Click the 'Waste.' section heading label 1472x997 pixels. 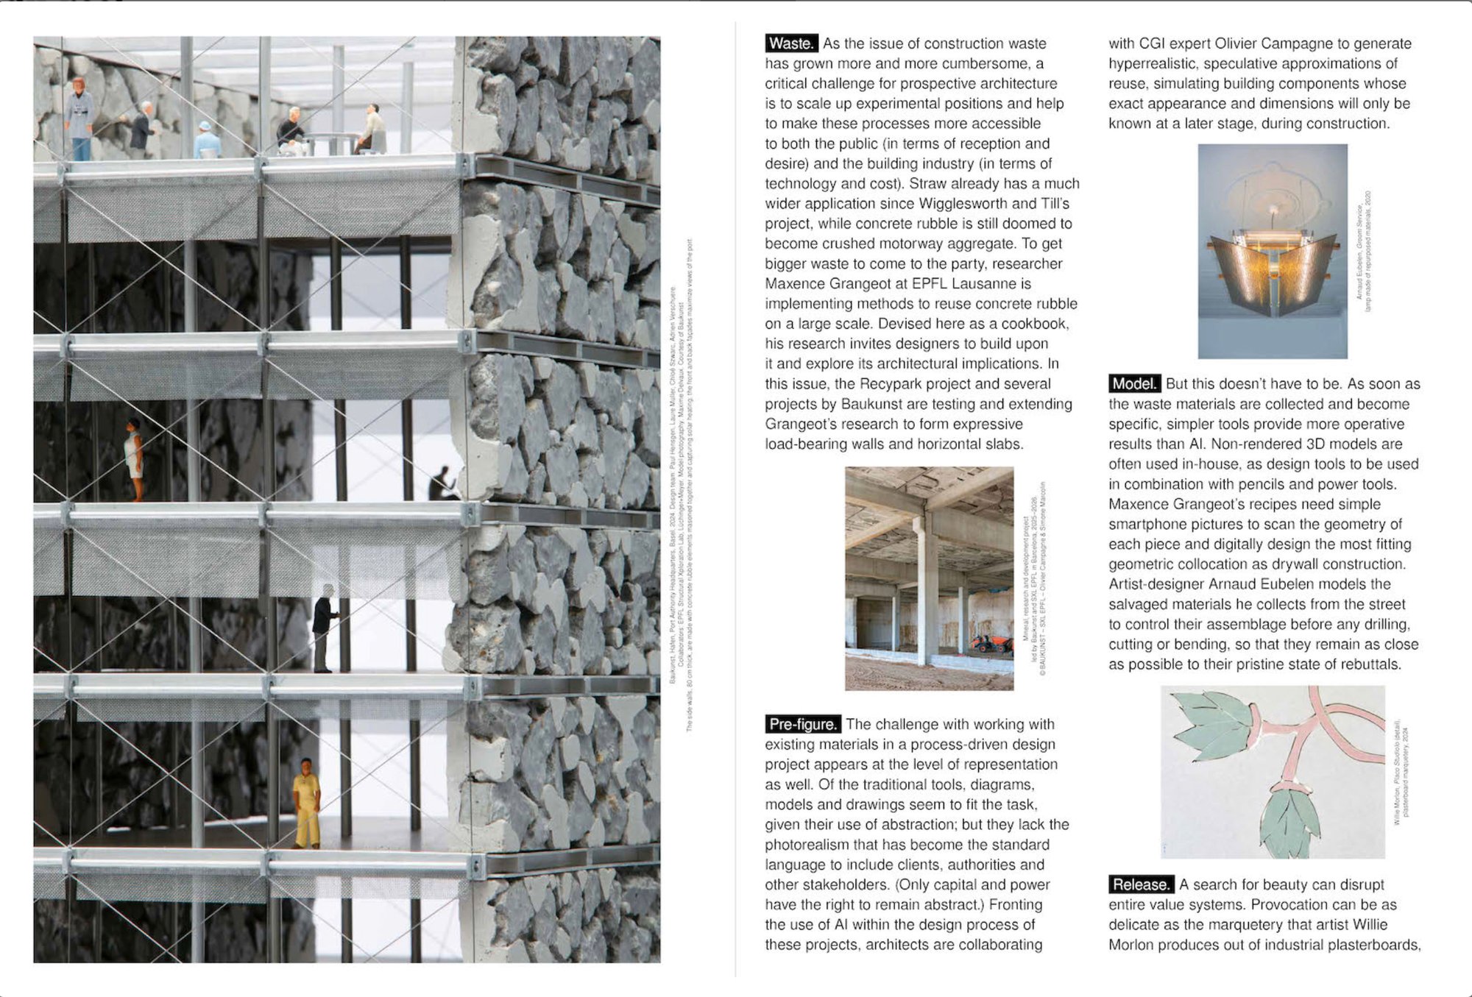tap(790, 43)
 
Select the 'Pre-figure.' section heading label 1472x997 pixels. tap(802, 724)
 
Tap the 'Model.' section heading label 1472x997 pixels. tap(1134, 383)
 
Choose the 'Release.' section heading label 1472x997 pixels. tap(1141, 884)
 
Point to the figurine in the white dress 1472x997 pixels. tap(133, 459)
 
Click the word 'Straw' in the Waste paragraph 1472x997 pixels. tap(930, 183)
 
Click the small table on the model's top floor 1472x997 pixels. tap(328, 143)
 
